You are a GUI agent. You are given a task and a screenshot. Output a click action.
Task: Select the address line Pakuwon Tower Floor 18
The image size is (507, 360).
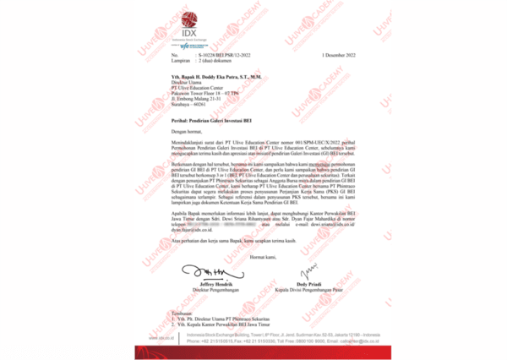(x=204, y=91)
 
